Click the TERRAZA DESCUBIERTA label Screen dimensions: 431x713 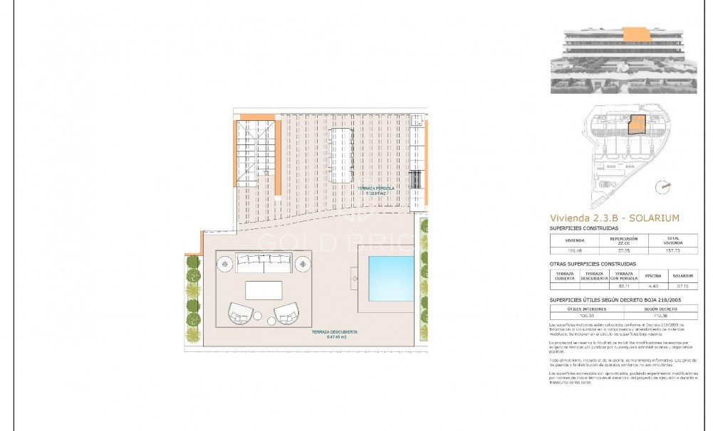point(333,334)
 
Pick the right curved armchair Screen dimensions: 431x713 point(286,313)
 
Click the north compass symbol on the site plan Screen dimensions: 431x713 point(665,186)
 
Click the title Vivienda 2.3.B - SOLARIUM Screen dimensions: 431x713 point(614,218)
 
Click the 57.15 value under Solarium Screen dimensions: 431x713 point(682,286)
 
